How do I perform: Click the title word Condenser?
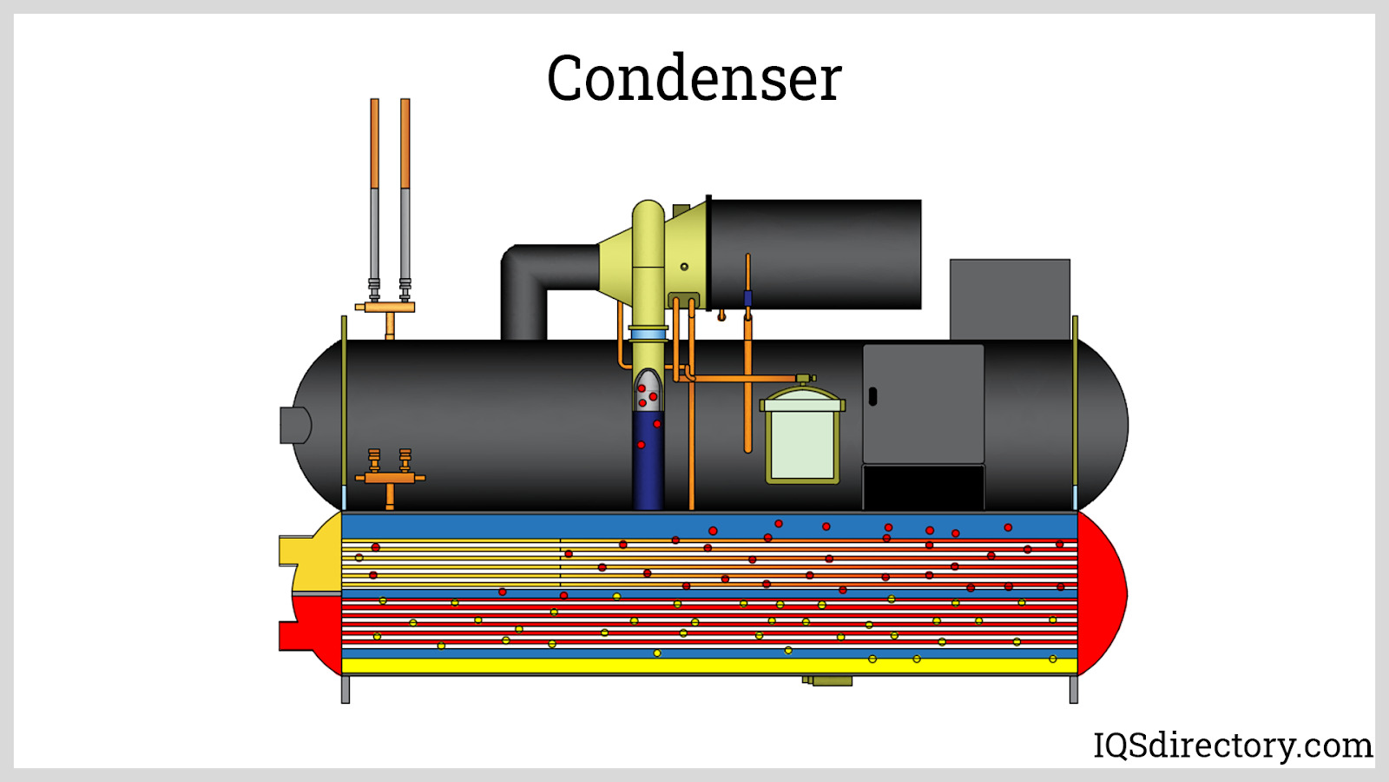point(694,78)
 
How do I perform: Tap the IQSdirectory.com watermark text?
point(1232,746)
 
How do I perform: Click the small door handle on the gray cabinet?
point(872,396)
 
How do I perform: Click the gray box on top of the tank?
point(1010,299)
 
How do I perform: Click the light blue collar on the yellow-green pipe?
point(648,335)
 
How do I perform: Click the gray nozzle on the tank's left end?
point(293,425)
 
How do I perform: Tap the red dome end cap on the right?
point(1101,593)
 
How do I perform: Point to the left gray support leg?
point(346,689)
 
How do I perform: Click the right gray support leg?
point(1073,689)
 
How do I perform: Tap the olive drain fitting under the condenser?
point(829,680)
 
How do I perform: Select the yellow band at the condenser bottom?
point(708,666)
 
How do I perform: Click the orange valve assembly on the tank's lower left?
point(390,476)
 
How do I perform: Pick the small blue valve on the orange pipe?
point(747,299)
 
